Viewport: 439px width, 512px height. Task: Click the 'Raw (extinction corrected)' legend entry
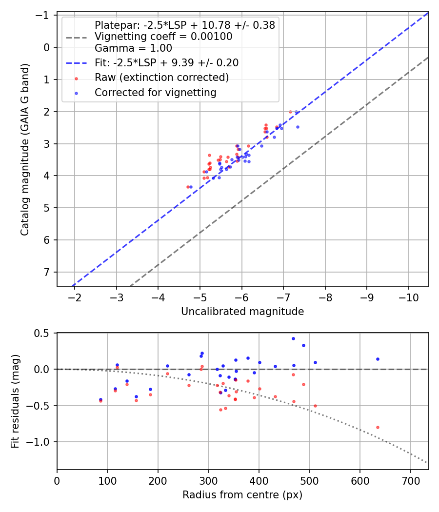click(x=161, y=78)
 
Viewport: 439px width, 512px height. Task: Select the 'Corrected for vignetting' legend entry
click(x=156, y=92)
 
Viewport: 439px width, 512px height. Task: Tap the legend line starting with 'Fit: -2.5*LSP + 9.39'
click(x=166, y=63)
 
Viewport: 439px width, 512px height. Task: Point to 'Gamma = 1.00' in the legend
click(x=133, y=48)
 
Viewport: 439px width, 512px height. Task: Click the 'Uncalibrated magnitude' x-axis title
click(x=242, y=312)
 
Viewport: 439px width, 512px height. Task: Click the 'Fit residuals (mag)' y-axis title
click(x=15, y=401)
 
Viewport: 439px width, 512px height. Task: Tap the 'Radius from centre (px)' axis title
click(x=242, y=495)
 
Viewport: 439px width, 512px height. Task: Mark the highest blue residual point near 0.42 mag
click(x=293, y=338)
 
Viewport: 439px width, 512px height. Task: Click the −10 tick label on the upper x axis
click(x=408, y=297)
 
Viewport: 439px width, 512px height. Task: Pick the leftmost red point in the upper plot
click(x=188, y=187)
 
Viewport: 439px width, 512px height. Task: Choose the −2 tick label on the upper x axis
click(x=75, y=297)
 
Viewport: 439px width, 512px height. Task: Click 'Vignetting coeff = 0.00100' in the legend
click(x=163, y=37)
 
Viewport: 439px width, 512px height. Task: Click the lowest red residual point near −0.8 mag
click(x=378, y=427)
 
